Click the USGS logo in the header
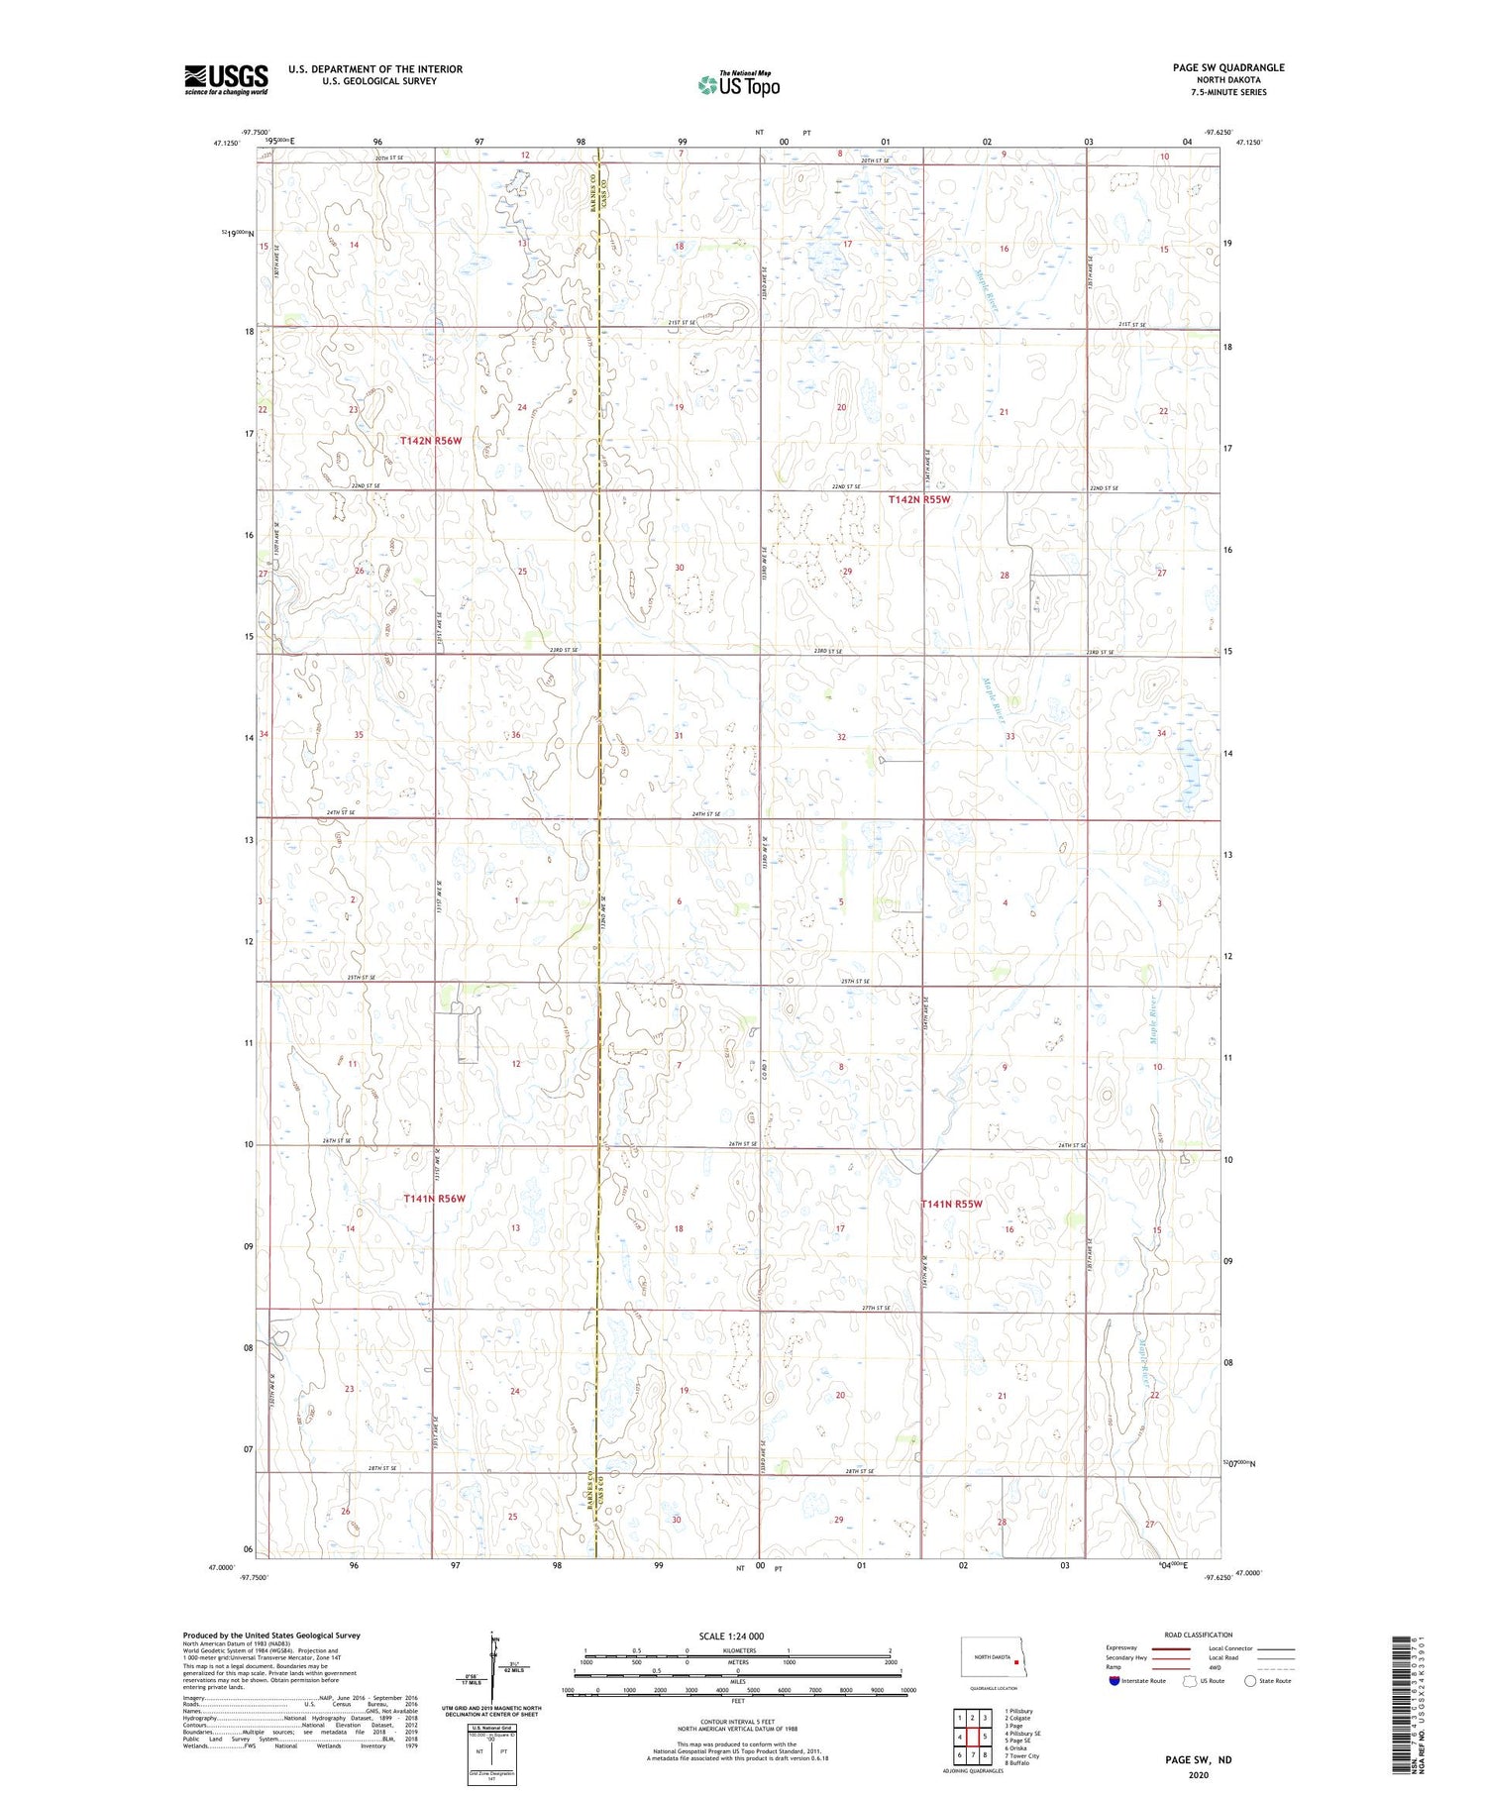[226, 79]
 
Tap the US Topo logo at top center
[739, 85]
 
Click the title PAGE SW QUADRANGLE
[1227, 67]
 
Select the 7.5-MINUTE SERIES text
[1227, 92]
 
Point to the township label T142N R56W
[431, 440]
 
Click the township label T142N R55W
[918, 500]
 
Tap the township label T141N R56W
[434, 1199]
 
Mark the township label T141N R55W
[952, 1204]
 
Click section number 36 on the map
[515, 735]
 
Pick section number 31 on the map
[679, 736]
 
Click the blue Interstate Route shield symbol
[1114, 1680]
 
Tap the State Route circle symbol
[1250, 1680]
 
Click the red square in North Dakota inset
[1015, 1663]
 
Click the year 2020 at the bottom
[1198, 1775]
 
